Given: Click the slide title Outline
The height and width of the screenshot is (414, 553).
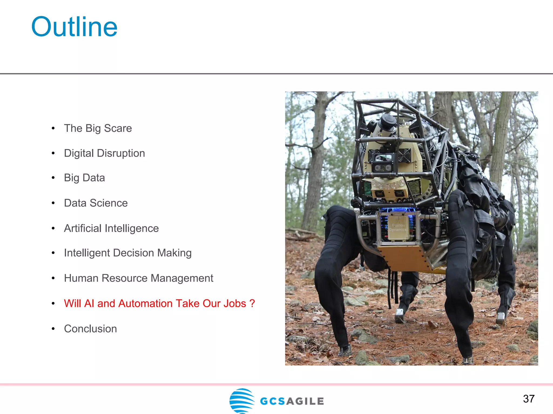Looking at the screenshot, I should click(74, 27).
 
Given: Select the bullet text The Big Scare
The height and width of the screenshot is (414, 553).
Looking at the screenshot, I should click(98, 128).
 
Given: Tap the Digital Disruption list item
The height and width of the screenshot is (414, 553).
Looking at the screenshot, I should click(104, 153).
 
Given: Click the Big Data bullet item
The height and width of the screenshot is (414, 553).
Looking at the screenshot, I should click(84, 178).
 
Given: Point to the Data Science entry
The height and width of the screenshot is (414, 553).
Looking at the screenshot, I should click(96, 203).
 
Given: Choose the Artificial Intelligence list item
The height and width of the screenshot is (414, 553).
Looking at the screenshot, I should click(111, 228).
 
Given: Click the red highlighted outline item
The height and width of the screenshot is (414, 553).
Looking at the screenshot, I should click(159, 303).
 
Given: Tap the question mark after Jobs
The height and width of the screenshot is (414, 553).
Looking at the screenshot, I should click(252, 303).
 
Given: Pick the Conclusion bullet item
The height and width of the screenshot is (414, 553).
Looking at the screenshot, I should click(90, 329).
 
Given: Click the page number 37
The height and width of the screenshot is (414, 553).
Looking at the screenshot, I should click(528, 399).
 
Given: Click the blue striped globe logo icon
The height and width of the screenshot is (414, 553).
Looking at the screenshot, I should click(242, 400).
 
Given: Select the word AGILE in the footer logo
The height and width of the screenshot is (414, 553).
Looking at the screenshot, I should click(305, 401).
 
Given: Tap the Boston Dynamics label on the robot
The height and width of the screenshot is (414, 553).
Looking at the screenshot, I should click(398, 227).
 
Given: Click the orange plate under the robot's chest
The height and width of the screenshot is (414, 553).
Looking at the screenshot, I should click(405, 257).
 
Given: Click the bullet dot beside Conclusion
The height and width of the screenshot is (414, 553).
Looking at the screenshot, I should click(53, 329).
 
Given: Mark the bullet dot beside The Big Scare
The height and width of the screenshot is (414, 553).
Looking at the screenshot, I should click(53, 128).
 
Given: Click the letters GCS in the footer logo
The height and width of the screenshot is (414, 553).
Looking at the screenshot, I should click(272, 401).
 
